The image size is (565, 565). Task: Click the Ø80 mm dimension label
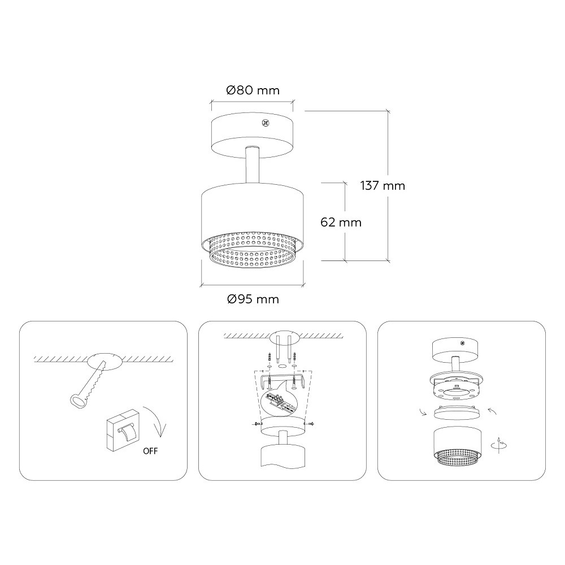(x=253, y=90)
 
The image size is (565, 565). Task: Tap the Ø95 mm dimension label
(x=253, y=299)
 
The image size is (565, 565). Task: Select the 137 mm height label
(x=383, y=185)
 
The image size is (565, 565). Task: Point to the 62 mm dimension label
(x=341, y=222)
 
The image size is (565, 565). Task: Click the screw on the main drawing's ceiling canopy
(x=266, y=123)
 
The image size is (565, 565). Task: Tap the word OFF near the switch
(x=150, y=451)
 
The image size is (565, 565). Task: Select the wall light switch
(x=123, y=430)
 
